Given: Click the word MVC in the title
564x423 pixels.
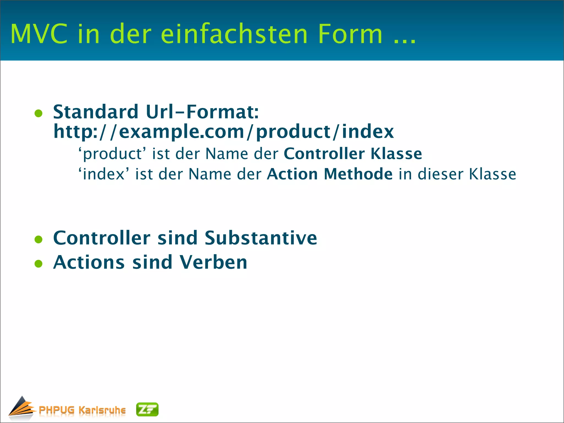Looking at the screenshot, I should tap(39, 34).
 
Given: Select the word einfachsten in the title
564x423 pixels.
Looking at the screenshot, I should tap(234, 34).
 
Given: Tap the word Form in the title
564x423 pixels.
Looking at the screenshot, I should tap(350, 34).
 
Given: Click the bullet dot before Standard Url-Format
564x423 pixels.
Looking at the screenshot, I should tap(39, 113).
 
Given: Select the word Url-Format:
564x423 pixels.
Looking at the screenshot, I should tap(202, 112).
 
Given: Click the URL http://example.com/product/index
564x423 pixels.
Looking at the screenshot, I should tap(223, 132).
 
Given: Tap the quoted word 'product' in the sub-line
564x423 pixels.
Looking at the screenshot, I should tap(112, 154).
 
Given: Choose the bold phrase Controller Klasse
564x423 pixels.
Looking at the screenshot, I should tap(353, 153).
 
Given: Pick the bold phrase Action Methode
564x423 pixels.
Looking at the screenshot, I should tap(330, 174).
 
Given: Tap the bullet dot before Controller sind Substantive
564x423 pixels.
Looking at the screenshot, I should tap(39, 239).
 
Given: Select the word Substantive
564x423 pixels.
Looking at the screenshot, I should tap(261, 238).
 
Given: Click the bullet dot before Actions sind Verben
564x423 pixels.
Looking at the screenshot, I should tap(39, 264).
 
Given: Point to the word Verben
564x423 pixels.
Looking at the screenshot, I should tap(213, 262).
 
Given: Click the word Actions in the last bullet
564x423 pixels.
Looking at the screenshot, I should tap(89, 262).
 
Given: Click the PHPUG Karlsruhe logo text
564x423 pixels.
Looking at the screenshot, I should tap(82, 410).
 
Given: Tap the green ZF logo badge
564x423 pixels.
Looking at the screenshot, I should tap(147, 410).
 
